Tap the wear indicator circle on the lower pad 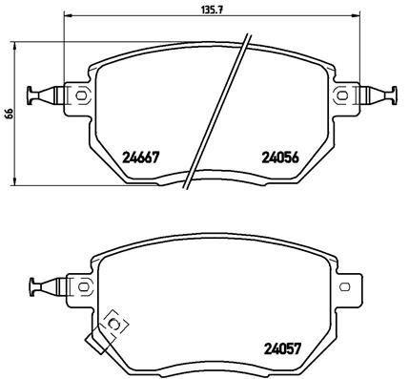point(115,326)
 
